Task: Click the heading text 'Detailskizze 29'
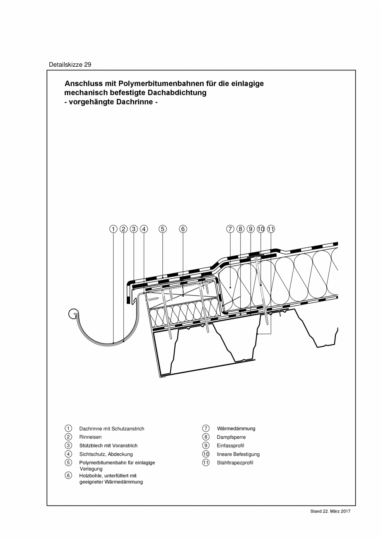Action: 70,65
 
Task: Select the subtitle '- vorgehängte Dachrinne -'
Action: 111,102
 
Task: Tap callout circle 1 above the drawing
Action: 113,229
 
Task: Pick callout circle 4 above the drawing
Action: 144,229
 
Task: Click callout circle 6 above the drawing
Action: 183,229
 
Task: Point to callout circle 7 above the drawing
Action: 230,229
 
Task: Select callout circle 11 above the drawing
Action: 271,229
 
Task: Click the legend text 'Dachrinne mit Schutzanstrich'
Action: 112,429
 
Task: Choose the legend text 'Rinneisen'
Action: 90,437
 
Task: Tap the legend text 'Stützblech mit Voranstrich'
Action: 108,446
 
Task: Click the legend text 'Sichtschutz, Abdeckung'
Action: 106,454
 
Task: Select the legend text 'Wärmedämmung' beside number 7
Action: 236,429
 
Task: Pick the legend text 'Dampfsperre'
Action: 231,437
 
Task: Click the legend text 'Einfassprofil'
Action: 230,446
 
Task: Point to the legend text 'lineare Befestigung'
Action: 238,454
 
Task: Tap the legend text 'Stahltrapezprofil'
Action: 235,463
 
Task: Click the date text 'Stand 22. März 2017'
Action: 330,512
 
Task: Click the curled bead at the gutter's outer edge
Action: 73,314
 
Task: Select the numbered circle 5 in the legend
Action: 68,462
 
